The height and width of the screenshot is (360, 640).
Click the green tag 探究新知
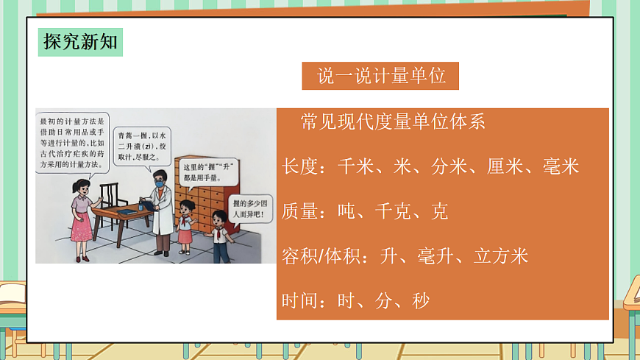[x=80, y=40]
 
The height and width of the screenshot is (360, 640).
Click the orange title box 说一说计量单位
[x=380, y=77]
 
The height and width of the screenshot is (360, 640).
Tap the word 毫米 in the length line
[x=561, y=167]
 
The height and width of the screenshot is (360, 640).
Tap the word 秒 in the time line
[x=421, y=300]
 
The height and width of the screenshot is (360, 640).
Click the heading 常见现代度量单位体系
[x=393, y=122]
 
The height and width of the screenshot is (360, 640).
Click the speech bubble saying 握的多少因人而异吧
[x=250, y=208]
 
